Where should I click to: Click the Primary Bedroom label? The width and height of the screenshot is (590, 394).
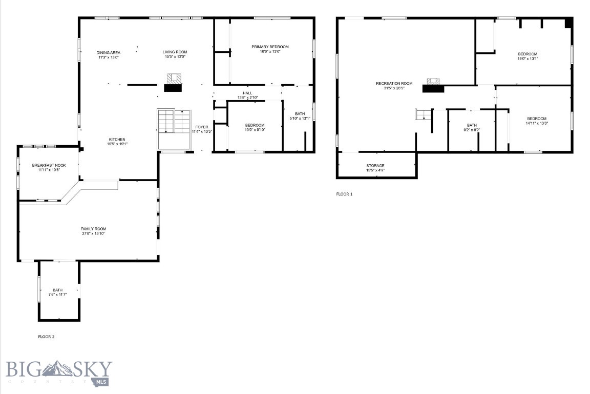[270, 47]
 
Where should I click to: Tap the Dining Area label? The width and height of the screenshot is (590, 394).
[109, 52]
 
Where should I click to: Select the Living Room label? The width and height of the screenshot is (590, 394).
[175, 52]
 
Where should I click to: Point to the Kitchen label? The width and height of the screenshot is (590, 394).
[117, 140]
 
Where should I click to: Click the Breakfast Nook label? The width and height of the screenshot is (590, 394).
[46, 165]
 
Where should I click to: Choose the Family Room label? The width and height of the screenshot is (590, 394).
[93, 229]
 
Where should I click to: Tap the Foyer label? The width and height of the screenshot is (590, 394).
[201, 127]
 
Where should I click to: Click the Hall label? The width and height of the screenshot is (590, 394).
[247, 93]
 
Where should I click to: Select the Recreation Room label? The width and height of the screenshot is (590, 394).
[394, 83]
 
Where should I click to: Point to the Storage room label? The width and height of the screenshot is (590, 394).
[375, 165]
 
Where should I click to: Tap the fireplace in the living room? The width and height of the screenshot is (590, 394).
[174, 82]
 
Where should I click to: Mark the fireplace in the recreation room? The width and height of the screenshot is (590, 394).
[433, 85]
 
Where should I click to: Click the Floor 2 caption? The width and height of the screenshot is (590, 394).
[46, 337]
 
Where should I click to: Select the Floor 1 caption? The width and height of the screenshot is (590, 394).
[344, 194]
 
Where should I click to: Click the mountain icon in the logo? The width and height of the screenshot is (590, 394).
[57, 368]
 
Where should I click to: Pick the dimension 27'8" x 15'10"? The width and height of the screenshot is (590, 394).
[93, 233]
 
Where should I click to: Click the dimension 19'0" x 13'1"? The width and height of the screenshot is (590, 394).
[528, 58]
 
